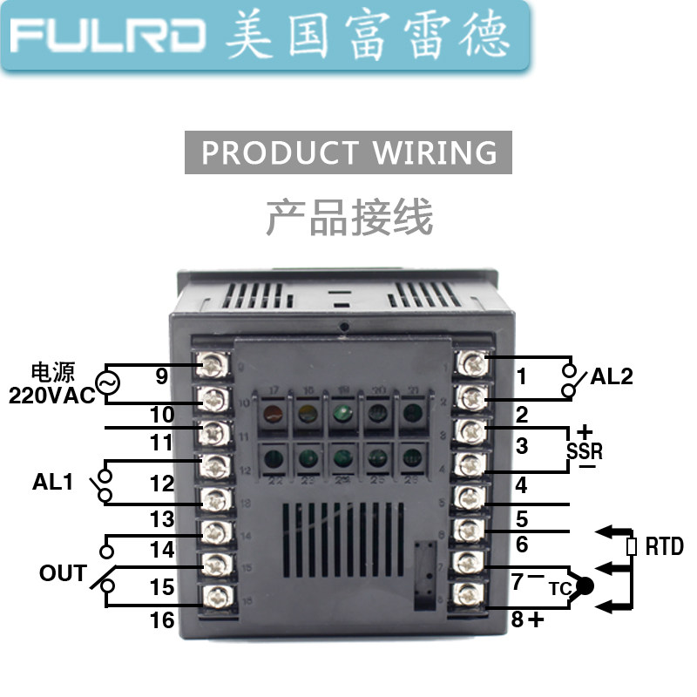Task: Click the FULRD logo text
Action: click(108, 36)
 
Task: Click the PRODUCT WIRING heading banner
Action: click(348, 152)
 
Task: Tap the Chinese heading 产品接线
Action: click(348, 217)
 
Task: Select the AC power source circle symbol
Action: click(108, 383)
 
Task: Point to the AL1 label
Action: click(53, 482)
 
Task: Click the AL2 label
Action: click(611, 377)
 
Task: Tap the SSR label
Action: click(584, 451)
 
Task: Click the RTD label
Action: click(664, 547)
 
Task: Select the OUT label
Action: click(62, 574)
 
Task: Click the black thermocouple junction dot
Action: click(584, 586)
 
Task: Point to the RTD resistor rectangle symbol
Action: click(631, 547)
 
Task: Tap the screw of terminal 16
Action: click(213, 597)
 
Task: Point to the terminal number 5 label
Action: click(522, 519)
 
